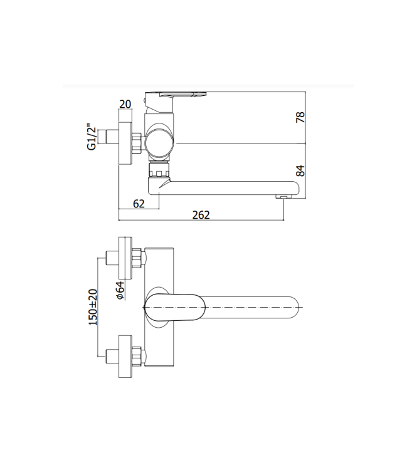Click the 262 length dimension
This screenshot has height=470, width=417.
click(201, 214)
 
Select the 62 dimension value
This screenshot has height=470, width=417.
click(139, 202)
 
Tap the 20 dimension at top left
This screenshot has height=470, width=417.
click(125, 103)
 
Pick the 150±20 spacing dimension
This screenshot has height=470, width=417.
click(93, 307)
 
